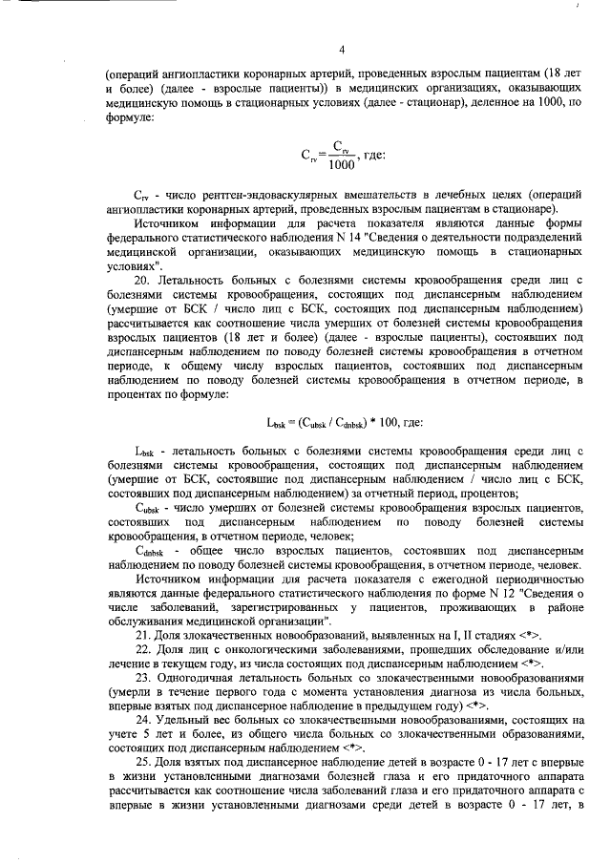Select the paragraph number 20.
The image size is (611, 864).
(142, 281)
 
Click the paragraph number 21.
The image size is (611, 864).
(142, 634)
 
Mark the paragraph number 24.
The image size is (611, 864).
(142, 719)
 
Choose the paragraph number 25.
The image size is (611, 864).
(142, 760)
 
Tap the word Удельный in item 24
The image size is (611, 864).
(183, 719)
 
